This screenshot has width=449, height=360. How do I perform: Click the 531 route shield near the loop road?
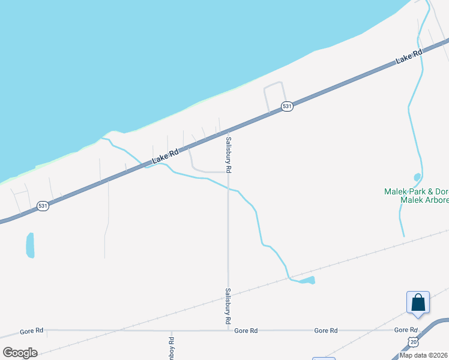[288, 106]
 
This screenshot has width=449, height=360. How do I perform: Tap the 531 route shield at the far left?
[43, 206]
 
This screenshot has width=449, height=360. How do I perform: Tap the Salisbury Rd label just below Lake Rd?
[229, 155]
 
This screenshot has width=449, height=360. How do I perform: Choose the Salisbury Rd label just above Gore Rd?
[228, 306]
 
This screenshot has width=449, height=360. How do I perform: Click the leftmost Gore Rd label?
[31, 331]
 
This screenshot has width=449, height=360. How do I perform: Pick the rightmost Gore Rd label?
[406, 330]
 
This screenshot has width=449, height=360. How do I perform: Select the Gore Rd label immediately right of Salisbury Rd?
[246, 331]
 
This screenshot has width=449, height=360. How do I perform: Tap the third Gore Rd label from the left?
[326, 331]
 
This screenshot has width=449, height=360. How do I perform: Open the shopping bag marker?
[418, 303]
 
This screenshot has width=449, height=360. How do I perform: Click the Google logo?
[20, 353]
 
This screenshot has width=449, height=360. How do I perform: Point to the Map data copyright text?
[423, 355]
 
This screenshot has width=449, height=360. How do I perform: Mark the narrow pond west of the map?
[30, 245]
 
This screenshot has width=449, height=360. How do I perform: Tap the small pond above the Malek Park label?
[417, 177]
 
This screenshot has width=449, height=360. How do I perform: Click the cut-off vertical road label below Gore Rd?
[172, 348]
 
